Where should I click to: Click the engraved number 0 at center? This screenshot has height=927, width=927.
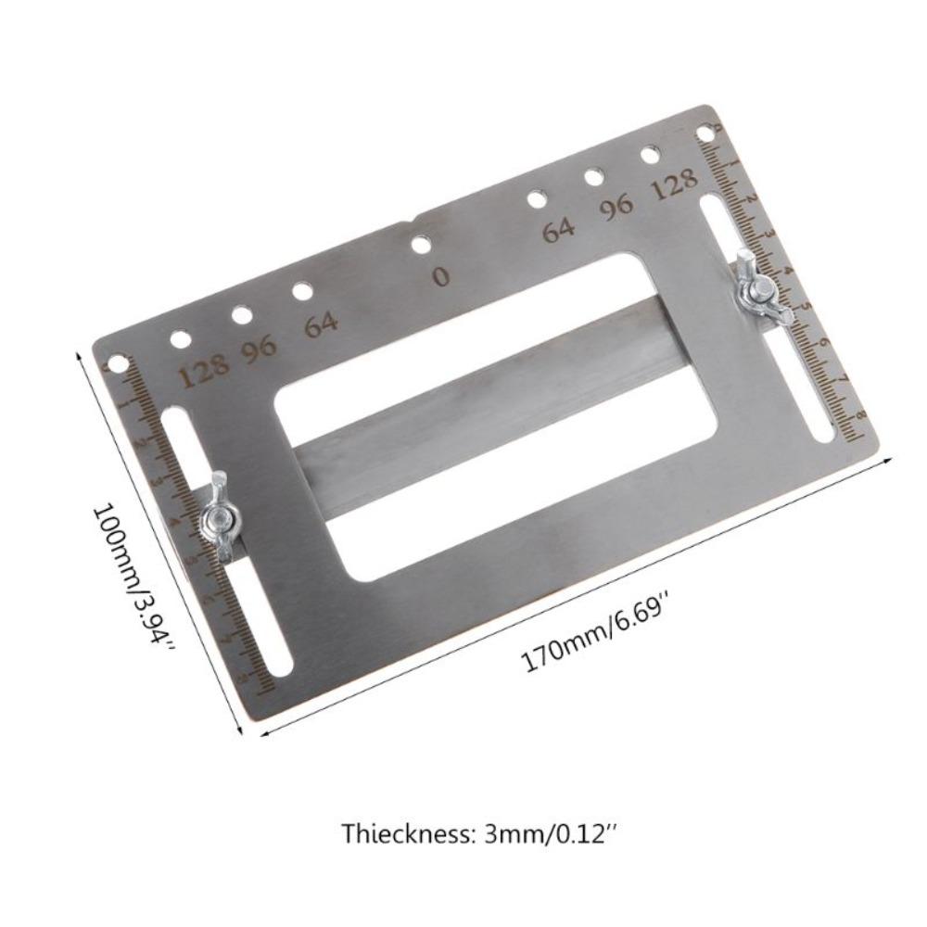click(x=441, y=276)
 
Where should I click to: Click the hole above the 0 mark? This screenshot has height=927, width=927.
click(x=421, y=245)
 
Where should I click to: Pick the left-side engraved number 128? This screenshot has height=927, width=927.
click(x=203, y=372)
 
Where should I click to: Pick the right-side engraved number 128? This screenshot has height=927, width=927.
click(x=674, y=185)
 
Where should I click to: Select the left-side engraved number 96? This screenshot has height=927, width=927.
click(x=260, y=349)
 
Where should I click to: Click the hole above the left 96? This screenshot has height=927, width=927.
click(x=241, y=315)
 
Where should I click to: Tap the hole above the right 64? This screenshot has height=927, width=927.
click(x=536, y=197)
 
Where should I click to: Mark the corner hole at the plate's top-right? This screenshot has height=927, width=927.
click(x=706, y=133)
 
